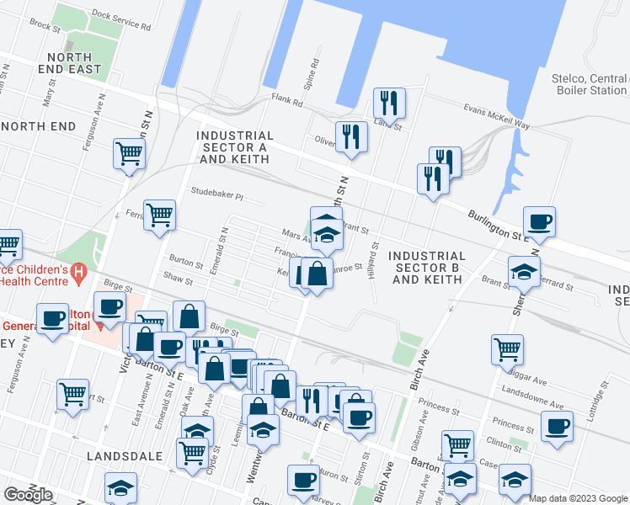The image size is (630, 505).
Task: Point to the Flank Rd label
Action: (x=286, y=101)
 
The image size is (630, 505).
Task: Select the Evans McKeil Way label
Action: (x=498, y=114)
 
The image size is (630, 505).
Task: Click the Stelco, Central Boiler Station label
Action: (x=589, y=84)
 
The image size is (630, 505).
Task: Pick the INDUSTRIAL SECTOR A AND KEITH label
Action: (x=235, y=147)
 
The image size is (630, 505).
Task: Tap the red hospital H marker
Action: (x=78, y=272)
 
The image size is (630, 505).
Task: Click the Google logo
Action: (x=28, y=494)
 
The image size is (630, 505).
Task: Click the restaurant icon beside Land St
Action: (x=389, y=104)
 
